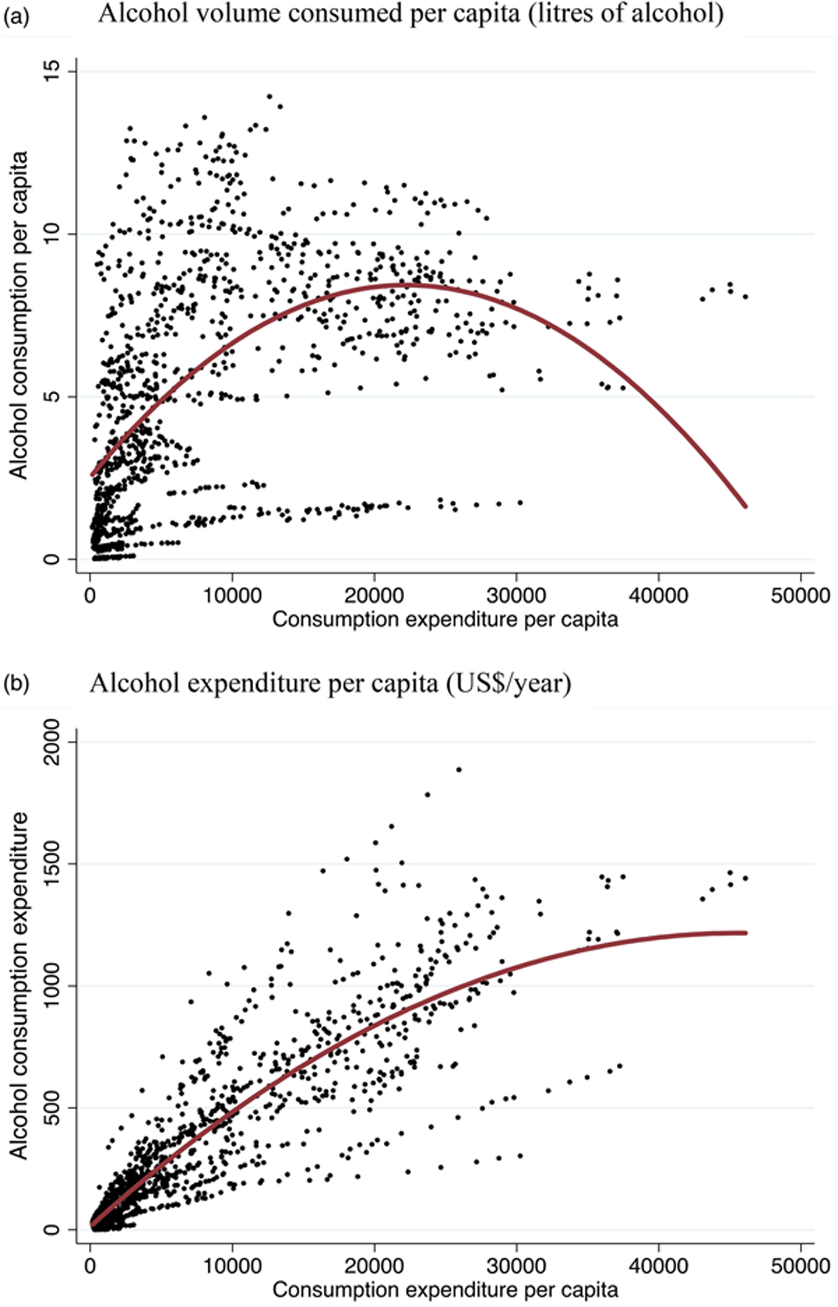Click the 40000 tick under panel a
point(658,595)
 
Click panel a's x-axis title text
point(445,619)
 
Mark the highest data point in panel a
point(269,96)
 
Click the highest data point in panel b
point(459,769)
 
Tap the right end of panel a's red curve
point(745,506)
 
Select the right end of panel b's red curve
point(745,933)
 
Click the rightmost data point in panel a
point(745,296)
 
